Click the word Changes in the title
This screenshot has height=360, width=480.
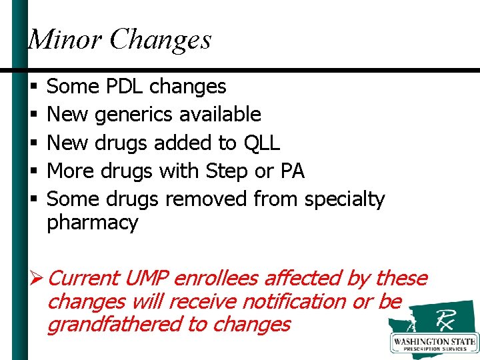tap(161, 39)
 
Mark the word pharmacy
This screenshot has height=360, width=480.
tap(92, 223)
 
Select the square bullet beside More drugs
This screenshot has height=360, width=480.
tap(33, 171)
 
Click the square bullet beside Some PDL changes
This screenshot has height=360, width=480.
tap(33, 87)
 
